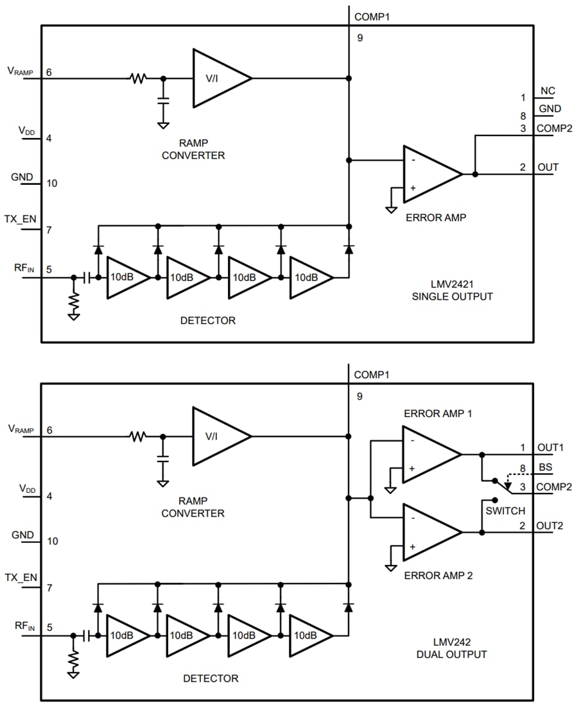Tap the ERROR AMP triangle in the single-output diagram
point(428,174)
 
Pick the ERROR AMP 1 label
point(438,413)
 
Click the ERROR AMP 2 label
point(438,576)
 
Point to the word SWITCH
point(505,511)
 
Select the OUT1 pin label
point(550,447)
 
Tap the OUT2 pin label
point(550,526)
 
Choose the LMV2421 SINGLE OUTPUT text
point(462,290)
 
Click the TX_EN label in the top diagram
point(21,219)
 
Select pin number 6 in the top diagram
point(49,72)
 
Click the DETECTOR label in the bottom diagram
point(211,678)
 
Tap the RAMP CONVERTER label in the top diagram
point(193,149)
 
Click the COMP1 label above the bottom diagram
point(372,374)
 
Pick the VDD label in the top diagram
point(26,131)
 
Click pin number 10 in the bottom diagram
point(52,542)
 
